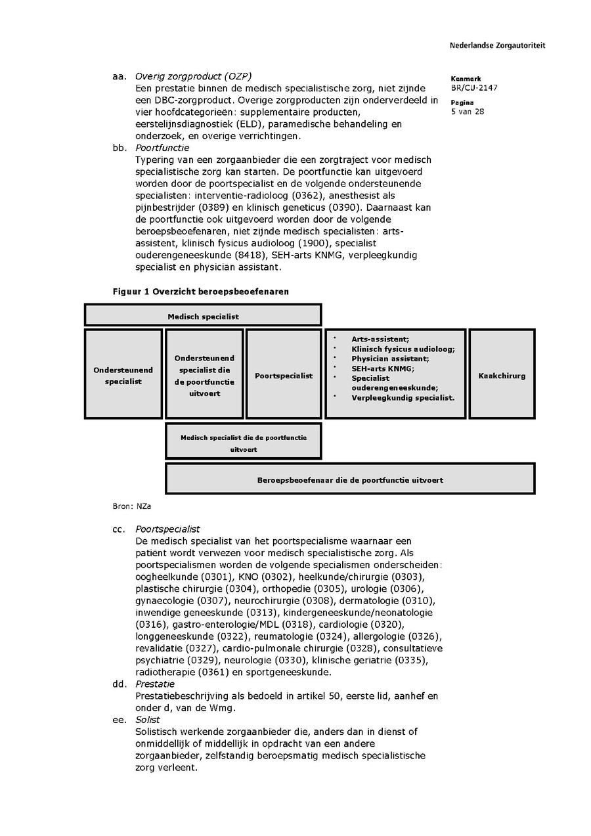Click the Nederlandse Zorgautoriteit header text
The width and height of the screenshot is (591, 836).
click(x=497, y=46)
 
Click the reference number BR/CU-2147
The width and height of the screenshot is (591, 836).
click(x=473, y=87)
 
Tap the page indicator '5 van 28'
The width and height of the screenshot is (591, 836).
click(x=468, y=112)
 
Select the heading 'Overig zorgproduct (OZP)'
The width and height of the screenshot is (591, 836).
click(x=193, y=76)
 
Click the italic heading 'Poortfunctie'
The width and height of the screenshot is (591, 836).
click(x=162, y=148)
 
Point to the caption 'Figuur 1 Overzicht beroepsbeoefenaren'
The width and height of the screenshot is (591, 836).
click(x=201, y=292)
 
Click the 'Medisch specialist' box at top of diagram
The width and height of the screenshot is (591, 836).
click(x=203, y=316)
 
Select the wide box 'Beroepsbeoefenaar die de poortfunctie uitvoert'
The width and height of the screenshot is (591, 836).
click(x=349, y=480)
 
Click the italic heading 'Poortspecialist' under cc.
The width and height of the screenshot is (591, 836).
click(x=167, y=529)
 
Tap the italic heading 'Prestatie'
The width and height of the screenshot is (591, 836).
click(x=155, y=684)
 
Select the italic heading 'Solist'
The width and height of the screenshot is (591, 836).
click(x=148, y=720)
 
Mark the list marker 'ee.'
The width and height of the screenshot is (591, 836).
click(x=119, y=720)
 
